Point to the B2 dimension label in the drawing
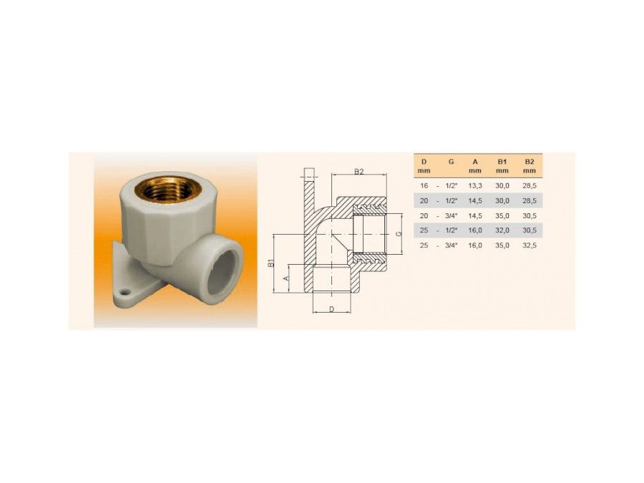pos(359,172)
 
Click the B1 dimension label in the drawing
pos(271,263)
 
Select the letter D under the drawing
pos(332,309)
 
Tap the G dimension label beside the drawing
pos(398,234)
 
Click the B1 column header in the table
pos(502,166)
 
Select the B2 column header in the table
pos(530,166)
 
